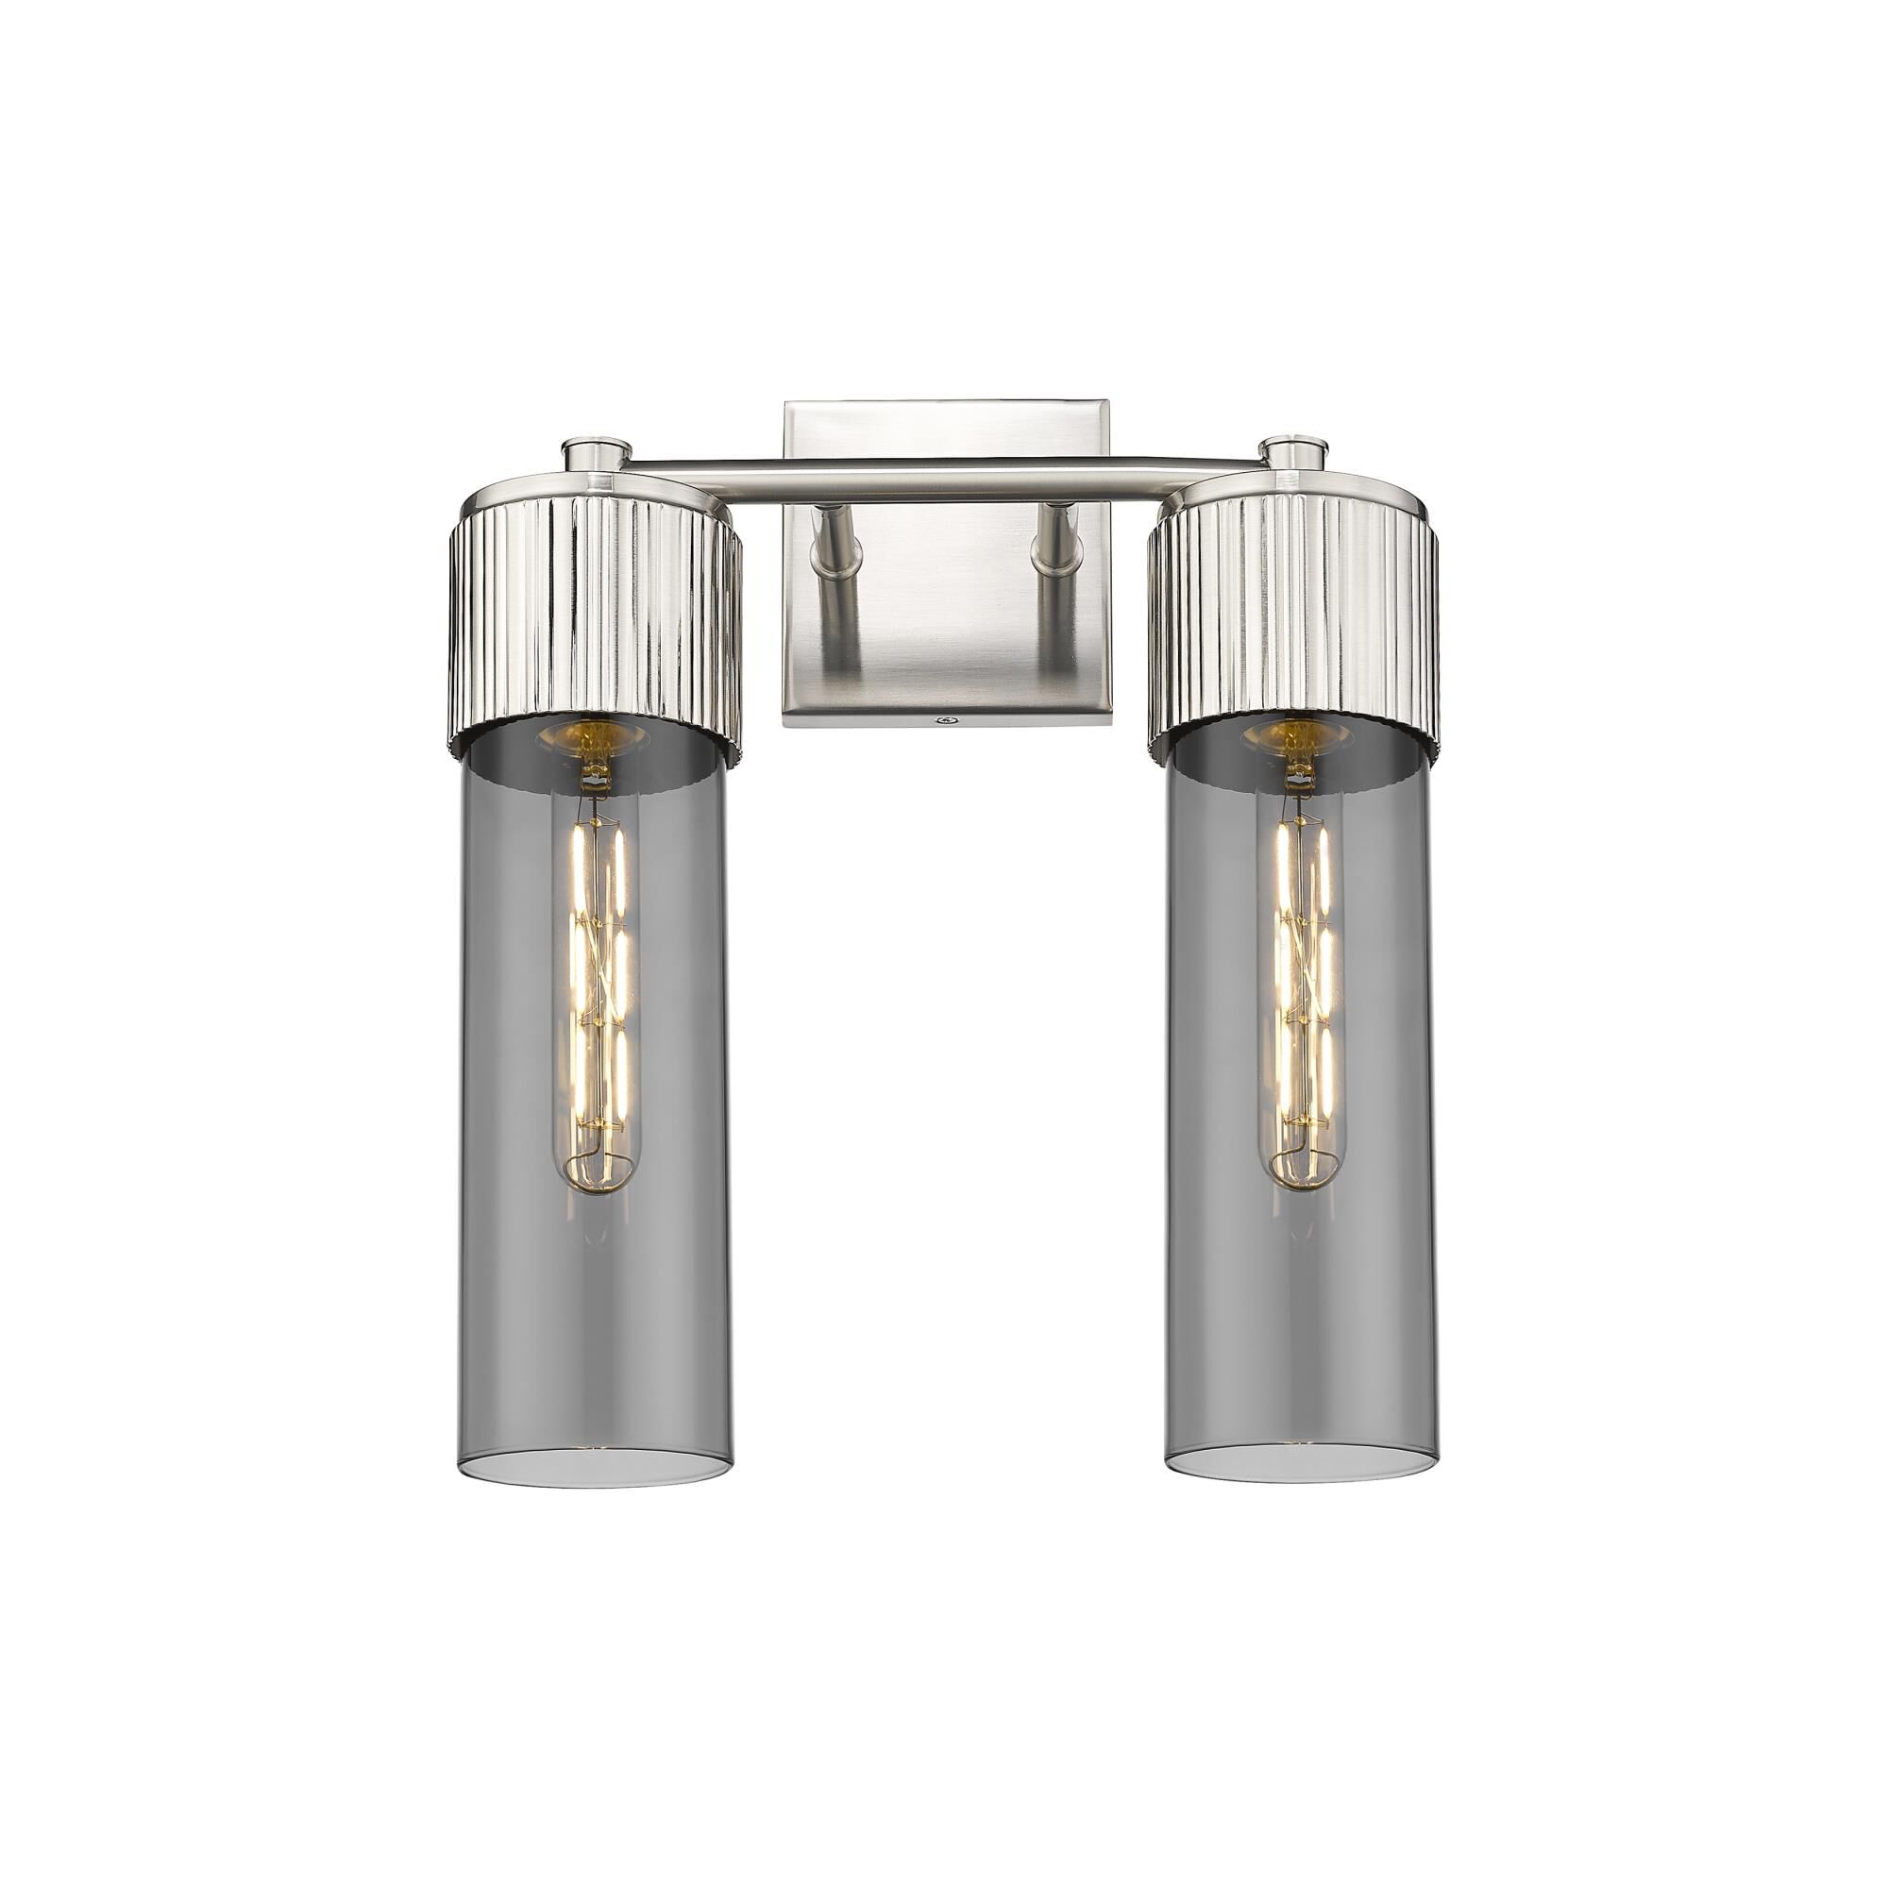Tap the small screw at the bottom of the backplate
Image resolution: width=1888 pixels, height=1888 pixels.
(945, 721)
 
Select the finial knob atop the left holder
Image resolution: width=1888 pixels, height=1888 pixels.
(596, 453)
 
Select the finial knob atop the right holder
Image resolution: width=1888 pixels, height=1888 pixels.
(1294, 451)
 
